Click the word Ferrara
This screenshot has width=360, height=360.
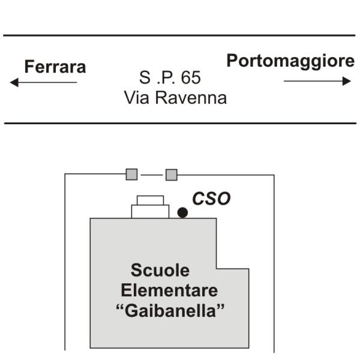[55, 67]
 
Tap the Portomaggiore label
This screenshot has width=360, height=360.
[290, 61]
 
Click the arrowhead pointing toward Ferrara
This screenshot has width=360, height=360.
[14, 82]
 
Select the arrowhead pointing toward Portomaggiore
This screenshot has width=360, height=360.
[346, 81]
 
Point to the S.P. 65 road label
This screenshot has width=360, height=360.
[170, 77]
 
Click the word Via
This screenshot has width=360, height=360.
[136, 97]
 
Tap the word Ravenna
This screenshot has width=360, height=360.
[191, 97]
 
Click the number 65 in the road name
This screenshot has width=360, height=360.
[191, 77]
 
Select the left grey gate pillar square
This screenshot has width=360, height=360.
[132, 174]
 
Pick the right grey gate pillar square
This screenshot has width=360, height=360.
[172, 175]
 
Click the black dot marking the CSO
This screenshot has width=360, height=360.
[182, 212]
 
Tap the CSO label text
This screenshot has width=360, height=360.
[211, 199]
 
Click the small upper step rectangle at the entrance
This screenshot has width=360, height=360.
[151, 200]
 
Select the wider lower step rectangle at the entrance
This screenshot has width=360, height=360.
[150, 211]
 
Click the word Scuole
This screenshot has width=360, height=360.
[160, 270]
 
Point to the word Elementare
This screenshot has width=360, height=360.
[169, 290]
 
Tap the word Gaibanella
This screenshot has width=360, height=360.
[170, 311]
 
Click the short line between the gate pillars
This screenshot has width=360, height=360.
[152, 175]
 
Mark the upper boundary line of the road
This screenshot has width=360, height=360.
[179, 35]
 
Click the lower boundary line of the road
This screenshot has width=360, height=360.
[180, 123]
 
